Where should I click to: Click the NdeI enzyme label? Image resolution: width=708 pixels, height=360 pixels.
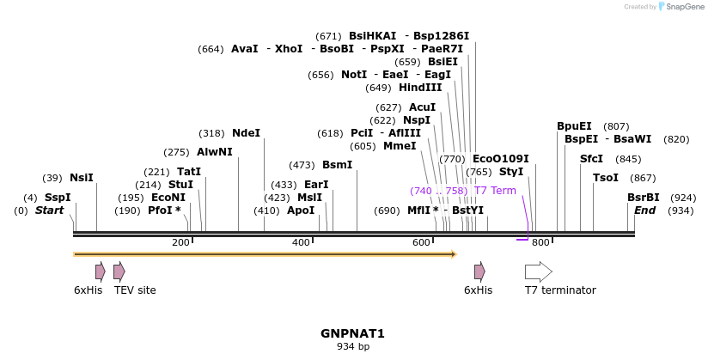246,133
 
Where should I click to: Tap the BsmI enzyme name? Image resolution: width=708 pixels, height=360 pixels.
337,165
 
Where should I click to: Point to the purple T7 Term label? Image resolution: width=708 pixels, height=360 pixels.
495,191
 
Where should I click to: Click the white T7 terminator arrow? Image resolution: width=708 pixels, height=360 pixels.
538,272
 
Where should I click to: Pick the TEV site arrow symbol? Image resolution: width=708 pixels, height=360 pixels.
119,272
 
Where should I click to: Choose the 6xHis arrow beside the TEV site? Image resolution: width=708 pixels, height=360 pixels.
100,272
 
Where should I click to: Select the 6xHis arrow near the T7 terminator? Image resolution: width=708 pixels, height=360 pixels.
479,272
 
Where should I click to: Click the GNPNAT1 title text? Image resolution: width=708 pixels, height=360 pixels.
352,333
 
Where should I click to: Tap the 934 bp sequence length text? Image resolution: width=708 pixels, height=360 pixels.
352,347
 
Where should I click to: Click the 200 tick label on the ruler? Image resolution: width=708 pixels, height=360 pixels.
180,243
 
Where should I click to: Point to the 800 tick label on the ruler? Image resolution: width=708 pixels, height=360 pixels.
540,243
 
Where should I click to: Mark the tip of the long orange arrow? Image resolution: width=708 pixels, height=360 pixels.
454,254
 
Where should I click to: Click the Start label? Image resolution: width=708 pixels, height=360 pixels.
49,211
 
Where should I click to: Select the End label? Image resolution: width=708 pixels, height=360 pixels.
644,211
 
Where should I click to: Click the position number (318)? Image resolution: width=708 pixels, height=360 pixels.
211,133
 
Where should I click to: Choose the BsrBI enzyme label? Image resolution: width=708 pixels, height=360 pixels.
643,198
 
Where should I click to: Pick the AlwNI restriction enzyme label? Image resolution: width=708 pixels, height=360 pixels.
214,152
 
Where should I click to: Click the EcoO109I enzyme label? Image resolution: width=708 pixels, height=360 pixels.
500,159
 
